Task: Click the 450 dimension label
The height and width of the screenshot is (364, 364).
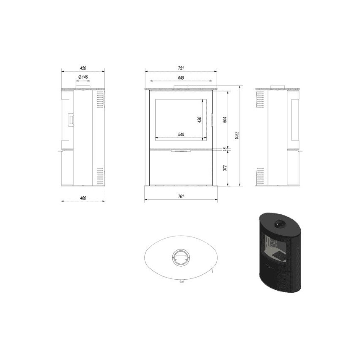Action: pos(83,68)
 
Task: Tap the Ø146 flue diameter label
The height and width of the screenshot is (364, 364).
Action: pos(83,77)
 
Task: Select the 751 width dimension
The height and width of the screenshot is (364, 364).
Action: pos(181,68)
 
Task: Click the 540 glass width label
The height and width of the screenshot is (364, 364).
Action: pos(181,134)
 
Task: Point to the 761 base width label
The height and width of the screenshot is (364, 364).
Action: pos(181,196)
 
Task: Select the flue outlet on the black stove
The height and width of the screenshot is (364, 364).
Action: pos(279,226)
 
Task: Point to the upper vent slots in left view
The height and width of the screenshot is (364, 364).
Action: pos(99,101)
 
